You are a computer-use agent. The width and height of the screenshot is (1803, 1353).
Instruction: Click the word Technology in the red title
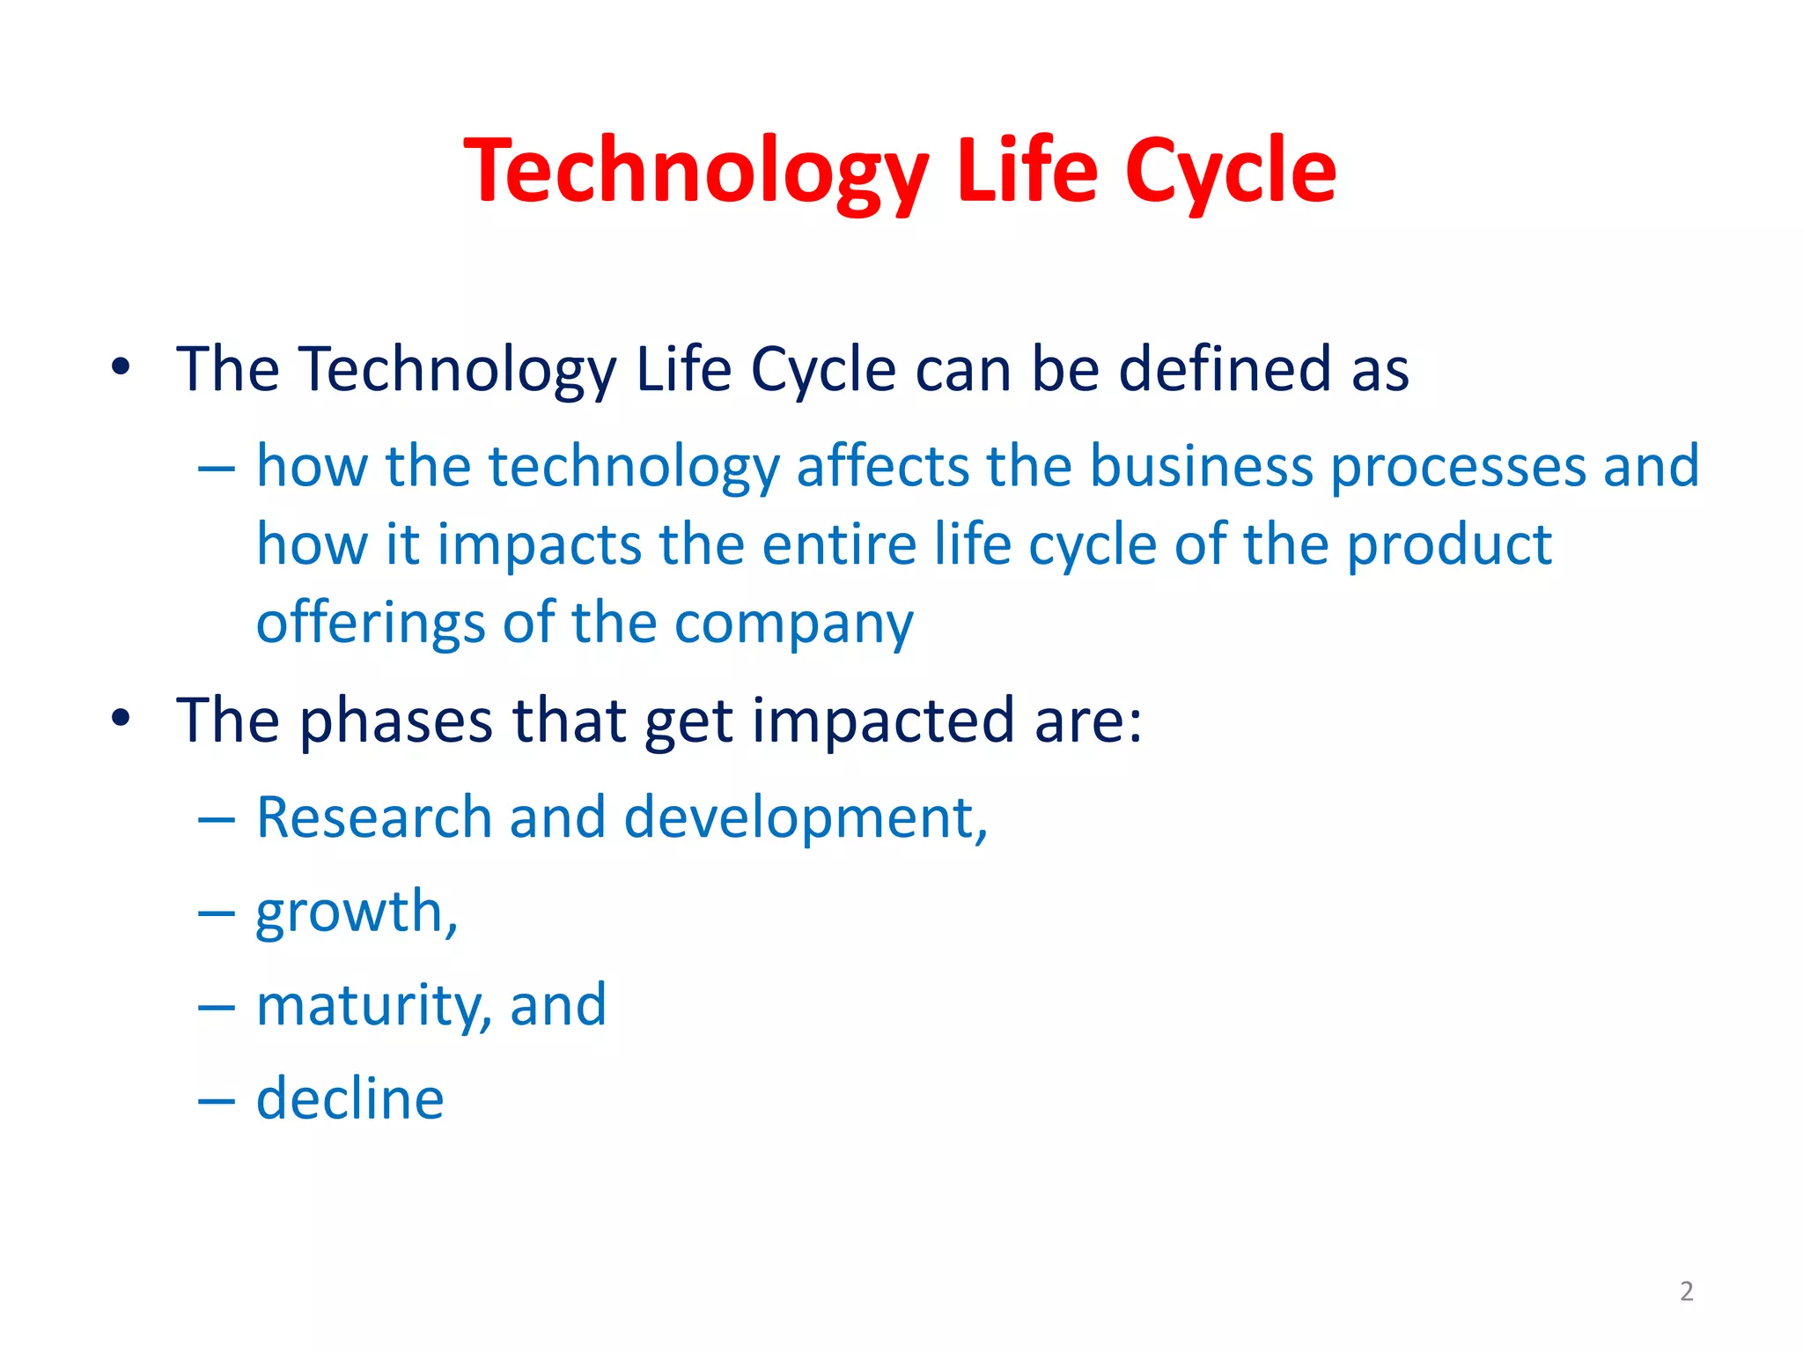(695, 172)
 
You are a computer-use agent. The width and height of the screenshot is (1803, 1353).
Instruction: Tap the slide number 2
(1686, 1291)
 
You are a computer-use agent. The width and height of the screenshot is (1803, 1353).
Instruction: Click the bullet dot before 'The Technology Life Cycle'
(121, 366)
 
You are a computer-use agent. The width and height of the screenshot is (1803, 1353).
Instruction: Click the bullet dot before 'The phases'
(121, 719)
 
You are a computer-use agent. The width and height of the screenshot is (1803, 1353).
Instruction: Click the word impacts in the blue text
(539, 544)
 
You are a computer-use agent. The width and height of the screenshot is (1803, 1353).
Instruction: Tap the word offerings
(370, 624)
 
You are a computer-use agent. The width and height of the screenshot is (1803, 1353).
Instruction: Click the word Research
(373, 817)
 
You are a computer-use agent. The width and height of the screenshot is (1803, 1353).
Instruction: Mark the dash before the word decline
(217, 1101)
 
